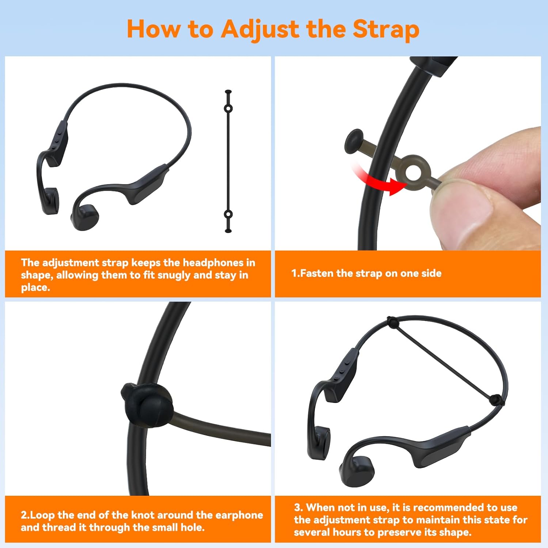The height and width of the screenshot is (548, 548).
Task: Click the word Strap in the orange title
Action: point(386,29)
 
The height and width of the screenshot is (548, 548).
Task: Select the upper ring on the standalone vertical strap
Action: point(228,109)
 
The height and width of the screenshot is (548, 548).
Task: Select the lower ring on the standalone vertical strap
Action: point(228,214)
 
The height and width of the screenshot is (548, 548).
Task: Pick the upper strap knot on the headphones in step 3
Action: point(392,322)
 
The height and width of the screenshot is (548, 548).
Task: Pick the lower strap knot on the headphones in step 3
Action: point(496,400)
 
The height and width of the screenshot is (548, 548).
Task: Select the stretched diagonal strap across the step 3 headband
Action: point(444,361)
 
